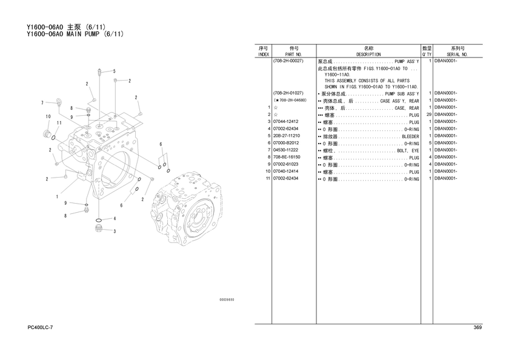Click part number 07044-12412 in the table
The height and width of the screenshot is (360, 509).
(x=285, y=121)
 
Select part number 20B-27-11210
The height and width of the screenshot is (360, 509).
(x=287, y=136)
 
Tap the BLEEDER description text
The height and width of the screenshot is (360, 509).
(x=410, y=136)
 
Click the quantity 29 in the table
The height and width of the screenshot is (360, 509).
(x=429, y=115)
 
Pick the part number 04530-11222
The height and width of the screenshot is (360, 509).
(x=285, y=150)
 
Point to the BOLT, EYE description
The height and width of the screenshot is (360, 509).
(x=408, y=151)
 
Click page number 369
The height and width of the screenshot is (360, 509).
(x=477, y=327)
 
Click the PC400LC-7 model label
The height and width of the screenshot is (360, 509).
(x=40, y=327)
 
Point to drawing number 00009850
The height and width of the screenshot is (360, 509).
(x=227, y=299)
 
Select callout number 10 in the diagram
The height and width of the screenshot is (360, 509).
(x=48, y=116)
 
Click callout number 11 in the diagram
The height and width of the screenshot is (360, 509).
(x=59, y=122)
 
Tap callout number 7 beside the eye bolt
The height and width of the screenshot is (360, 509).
(x=42, y=103)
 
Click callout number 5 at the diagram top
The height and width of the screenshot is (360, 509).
(x=115, y=71)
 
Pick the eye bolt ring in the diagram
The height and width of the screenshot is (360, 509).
(x=59, y=101)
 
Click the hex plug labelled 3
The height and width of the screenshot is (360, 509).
(x=99, y=228)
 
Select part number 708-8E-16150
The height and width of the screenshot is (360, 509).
(x=287, y=157)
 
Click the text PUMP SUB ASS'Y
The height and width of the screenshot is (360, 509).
(x=402, y=94)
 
